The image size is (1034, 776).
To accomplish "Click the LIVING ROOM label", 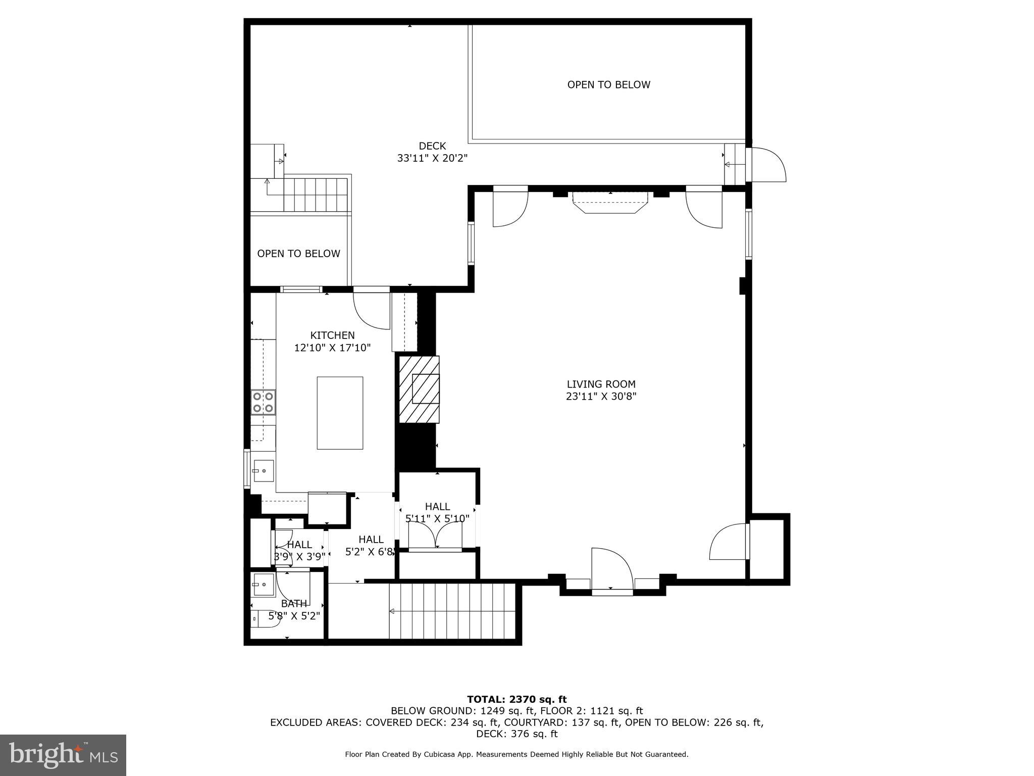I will coord(601,384).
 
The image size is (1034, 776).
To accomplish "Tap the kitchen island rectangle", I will coord(340,413).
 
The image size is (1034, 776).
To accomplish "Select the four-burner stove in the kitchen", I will coord(263,402).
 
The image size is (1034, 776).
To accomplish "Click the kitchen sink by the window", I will coord(263,471).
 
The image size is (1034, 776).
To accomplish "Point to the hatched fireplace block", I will coord(419,389).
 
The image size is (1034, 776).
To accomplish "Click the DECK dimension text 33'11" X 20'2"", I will coord(432,158).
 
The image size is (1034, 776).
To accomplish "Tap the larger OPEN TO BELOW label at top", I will coord(608,85).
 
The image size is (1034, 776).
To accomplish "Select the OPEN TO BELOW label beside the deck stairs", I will coord(298,254).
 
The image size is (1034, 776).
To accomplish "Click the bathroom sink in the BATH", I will coord(263,585).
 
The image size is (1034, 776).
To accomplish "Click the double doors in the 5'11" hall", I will coord(435,536).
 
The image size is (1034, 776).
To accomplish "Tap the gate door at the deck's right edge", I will coord(766,165).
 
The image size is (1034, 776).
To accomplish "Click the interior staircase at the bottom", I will coord(452,611).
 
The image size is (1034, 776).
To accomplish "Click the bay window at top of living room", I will coord(610,203).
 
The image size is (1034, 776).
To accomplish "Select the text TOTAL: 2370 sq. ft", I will coord(516,700).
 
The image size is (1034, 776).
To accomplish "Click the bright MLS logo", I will coord(63,755).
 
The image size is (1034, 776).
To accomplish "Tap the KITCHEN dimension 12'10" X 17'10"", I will coord(332,348).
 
